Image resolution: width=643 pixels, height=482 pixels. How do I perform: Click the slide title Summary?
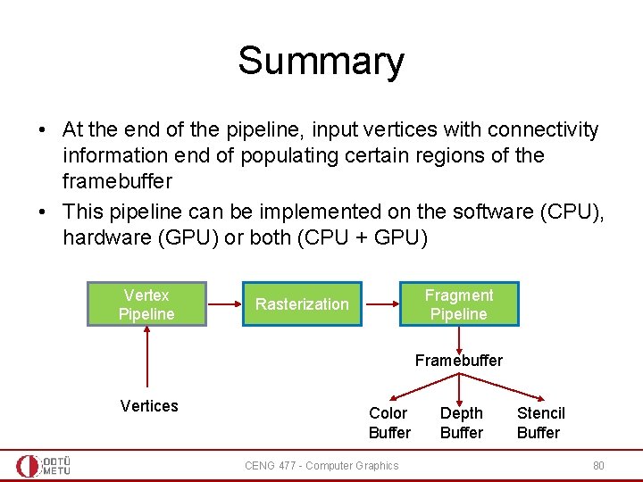point(321,61)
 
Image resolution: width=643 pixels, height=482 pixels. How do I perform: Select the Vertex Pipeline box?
point(146,304)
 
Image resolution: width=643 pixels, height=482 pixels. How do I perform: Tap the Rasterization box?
point(302,304)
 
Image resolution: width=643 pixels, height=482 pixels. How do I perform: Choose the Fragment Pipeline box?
point(458,304)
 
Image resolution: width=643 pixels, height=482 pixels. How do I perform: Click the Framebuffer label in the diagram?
point(458,361)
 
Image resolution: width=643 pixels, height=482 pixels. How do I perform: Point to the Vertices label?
point(149,406)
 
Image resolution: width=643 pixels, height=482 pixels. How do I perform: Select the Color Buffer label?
point(389,423)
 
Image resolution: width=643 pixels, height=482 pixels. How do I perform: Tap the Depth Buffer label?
point(462,423)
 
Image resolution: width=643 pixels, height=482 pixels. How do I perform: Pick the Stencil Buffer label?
point(540,423)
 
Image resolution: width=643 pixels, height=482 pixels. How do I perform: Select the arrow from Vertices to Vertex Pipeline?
point(146,357)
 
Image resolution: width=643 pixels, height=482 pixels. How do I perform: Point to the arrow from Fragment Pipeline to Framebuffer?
point(459,339)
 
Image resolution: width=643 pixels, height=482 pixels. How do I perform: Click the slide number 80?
point(598,465)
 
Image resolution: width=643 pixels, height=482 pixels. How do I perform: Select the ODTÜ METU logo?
point(44,465)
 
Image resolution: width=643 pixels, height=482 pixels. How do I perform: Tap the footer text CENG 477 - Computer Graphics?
point(321,465)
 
